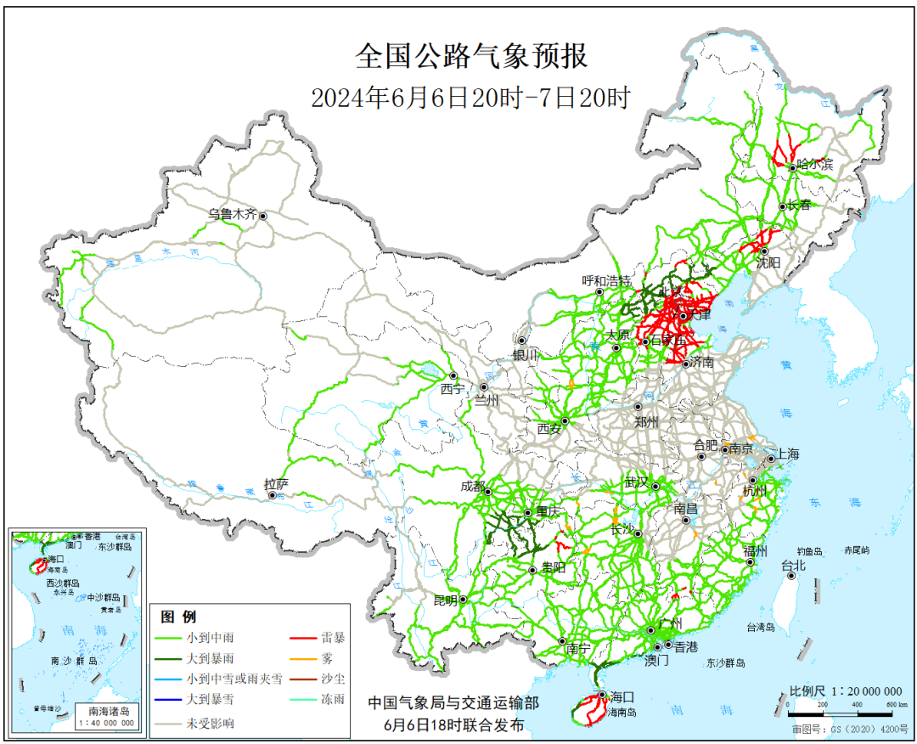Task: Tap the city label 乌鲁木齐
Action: click(x=232, y=214)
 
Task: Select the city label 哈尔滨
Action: click(x=815, y=164)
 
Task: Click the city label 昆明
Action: click(x=445, y=600)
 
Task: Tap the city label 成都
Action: click(x=472, y=487)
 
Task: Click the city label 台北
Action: click(x=792, y=565)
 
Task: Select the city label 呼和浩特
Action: click(x=606, y=281)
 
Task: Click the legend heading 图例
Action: click(x=178, y=617)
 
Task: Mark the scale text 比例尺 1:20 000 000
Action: click(x=845, y=691)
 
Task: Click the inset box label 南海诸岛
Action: click(x=106, y=710)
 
